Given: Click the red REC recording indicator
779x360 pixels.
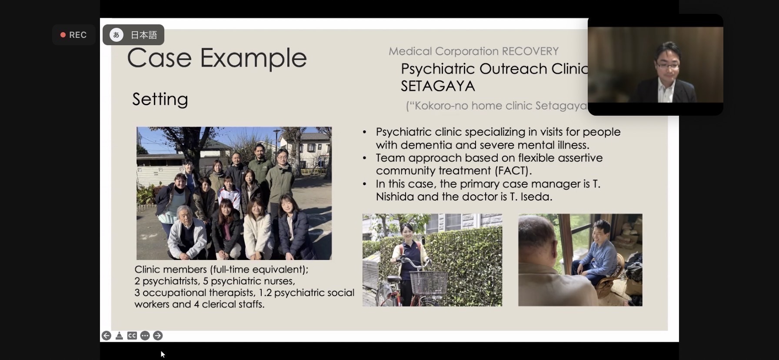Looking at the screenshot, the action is point(73,35).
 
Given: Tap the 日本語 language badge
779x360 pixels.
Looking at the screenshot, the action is point(133,35).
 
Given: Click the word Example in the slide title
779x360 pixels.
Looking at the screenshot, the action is point(253,58).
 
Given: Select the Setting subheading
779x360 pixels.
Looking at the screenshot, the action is point(160,99).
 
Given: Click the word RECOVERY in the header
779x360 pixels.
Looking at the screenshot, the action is point(530,51).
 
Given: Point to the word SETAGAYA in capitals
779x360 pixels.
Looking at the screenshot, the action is point(438,86).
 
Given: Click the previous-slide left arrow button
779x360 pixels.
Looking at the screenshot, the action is point(107,336).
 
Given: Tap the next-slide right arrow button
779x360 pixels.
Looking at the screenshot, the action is point(158,336).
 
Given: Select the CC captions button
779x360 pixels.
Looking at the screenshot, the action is point(132,336).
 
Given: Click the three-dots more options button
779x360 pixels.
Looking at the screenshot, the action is point(145,336).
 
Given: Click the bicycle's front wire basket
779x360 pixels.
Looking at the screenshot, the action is point(429,282).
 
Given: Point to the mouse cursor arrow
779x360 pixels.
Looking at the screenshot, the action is point(163,354).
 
